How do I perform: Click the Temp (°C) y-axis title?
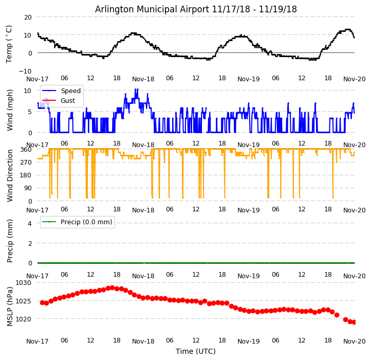coord(9,44)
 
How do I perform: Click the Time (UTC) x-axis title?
coord(196,351)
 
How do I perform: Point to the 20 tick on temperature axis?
coord(27,17)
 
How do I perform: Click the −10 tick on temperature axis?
coord(25,71)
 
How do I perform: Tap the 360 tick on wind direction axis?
coord(26,149)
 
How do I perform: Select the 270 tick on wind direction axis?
coord(26,162)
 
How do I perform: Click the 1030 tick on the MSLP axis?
coord(24,283)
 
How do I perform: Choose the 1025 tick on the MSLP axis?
coord(24,301)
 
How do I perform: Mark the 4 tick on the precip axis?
coord(29,223)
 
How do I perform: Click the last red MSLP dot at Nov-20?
coord(354,322)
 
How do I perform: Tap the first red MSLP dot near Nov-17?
coord(42,302)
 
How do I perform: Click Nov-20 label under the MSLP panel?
coord(354,341)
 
